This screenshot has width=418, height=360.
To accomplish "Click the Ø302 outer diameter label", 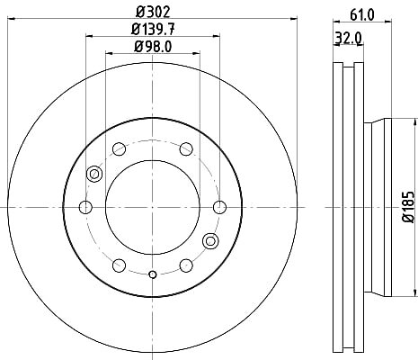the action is pyautogui.click(x=153, y=12).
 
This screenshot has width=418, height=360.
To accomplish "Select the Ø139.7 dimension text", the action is pyautogui.click(x=153, y=30).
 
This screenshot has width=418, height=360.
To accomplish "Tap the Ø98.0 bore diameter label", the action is pyautogui.click(x=153, y=47).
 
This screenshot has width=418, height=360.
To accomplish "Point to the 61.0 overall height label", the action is pyautogui.click(x=362, y=14).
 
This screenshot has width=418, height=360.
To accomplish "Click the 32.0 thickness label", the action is pyautogui.click(x=348, y=39).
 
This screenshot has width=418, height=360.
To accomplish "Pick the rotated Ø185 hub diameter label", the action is pyautogui.click(x=408, y=207).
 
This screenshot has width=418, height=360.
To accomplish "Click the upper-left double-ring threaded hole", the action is pyautogui.click(x=94, y=174).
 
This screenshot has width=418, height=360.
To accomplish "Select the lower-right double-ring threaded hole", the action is pyautogui.click(x=210, y=240).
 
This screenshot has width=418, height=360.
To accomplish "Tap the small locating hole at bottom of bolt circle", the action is pyautogui.click(x=153, y=274).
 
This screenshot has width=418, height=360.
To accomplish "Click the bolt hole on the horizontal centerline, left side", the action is pyautogui.click(x=85, y=207).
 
